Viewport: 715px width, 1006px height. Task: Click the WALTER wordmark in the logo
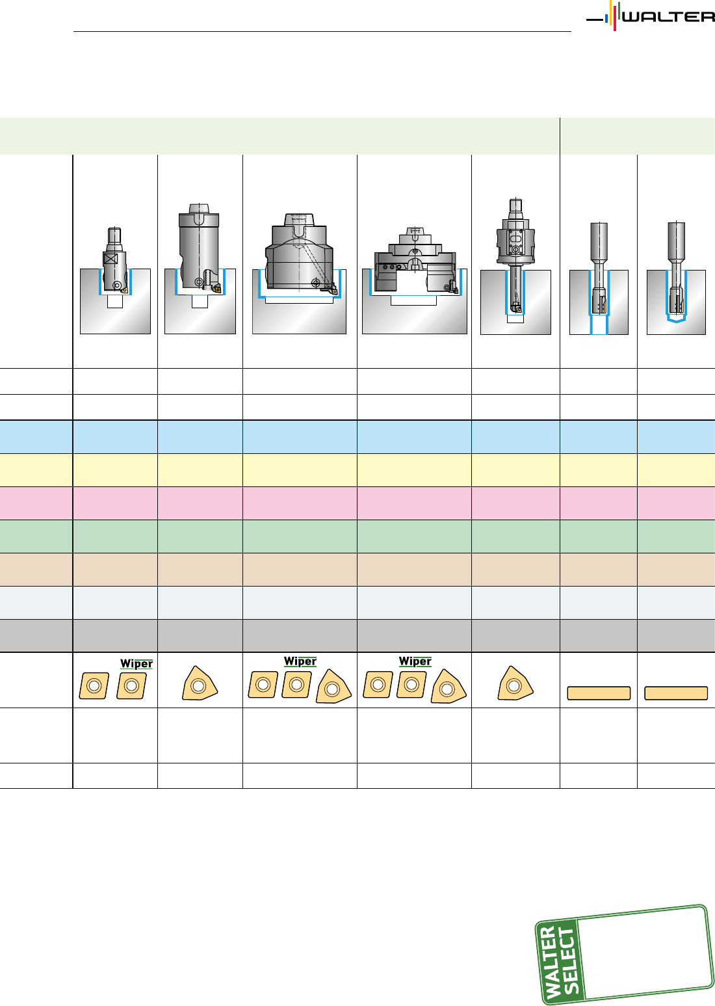coord(668,17)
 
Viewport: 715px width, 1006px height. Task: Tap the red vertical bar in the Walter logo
coord(614,18)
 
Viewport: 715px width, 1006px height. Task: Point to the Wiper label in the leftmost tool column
coord(136,664)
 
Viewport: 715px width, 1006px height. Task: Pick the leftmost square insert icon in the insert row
coord(94,685)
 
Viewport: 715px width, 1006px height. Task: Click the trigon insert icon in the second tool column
coord(200,685)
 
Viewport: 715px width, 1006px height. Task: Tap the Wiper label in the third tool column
coord(300,661)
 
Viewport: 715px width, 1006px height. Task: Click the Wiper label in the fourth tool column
coord(415,661)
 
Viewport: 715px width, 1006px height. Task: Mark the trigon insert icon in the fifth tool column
coord(515,685)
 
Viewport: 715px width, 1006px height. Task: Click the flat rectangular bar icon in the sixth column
coord(599,693)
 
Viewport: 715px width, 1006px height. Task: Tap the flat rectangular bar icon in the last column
coord(676,693)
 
